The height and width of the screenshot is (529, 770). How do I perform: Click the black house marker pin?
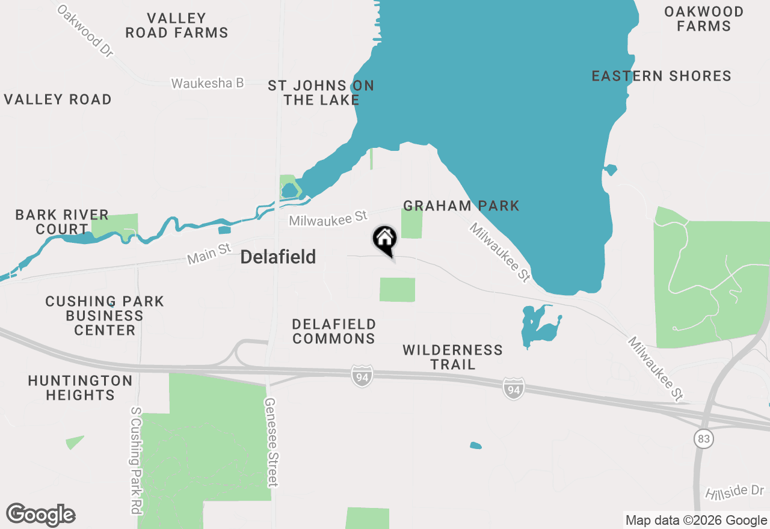[x=385, y=240]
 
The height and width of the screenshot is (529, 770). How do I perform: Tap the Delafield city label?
[x=278, y=257]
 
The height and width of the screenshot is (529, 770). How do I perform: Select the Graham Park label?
[x=461, y=206]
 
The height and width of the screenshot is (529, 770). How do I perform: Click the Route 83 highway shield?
[x=703, y=439]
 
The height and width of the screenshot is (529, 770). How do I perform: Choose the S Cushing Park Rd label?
[x=136, y=460]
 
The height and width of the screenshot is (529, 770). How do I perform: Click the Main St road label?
[x=209, y=254]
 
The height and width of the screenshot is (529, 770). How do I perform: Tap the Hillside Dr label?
[x=735, y=491]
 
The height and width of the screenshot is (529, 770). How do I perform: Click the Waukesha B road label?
[x=207, y=83]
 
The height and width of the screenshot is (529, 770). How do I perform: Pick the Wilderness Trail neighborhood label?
[x=452, y=357]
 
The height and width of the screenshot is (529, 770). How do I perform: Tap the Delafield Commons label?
[x=334, y=331]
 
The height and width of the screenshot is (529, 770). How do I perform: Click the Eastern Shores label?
[x=661, y=76]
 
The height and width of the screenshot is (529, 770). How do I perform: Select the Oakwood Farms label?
[x=703, y=19]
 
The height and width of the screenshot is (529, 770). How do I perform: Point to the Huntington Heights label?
[x=80, y=388]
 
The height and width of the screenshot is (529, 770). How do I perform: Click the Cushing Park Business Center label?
[x=105, y=316]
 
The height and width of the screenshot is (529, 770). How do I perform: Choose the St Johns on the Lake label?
[x=321, y=93]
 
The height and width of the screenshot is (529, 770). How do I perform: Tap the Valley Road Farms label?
[x=176, y=25]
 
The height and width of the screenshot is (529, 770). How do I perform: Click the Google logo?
[x=41, y=515]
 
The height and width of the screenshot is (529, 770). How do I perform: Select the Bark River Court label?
[x=62, y=222]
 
